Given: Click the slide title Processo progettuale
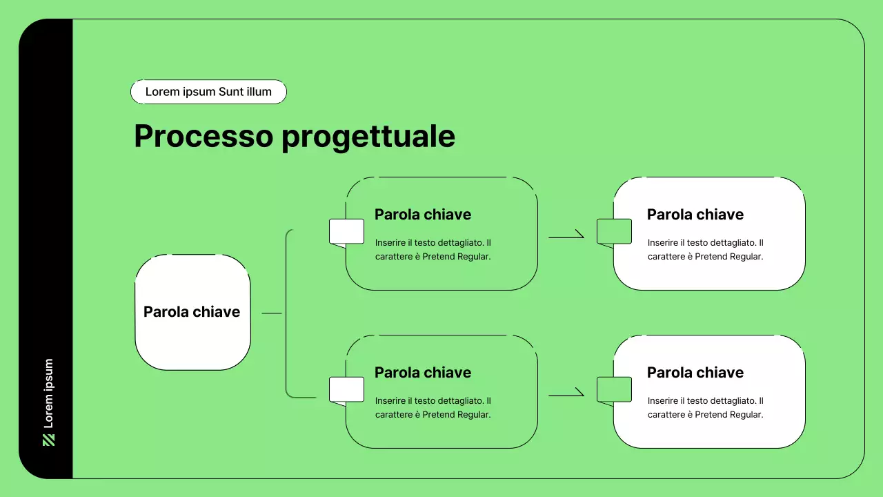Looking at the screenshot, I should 295,137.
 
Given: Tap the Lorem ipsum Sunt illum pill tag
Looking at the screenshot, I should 208,92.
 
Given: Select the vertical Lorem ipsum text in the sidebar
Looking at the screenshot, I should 48,393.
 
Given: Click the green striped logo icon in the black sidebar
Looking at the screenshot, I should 48,440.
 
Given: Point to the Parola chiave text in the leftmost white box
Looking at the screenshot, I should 192,312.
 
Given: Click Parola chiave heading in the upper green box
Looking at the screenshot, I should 423,215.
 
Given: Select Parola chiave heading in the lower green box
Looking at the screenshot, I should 423,373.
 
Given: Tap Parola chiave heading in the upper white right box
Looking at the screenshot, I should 695,215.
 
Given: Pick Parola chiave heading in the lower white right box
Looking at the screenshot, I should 695,373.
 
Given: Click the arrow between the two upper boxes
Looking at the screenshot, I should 566,237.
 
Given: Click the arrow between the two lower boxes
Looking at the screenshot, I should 566,395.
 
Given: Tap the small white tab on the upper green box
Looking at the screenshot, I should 346,231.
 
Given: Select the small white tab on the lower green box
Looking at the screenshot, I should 346,389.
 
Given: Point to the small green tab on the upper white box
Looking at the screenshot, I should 614,231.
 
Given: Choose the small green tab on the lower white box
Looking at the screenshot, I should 614,389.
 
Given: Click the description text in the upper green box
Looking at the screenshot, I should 433,250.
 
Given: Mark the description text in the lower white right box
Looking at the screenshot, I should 706,408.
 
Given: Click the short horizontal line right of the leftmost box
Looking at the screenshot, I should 272,313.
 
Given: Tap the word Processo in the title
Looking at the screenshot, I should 204,137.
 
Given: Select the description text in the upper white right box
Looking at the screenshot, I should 706,250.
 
